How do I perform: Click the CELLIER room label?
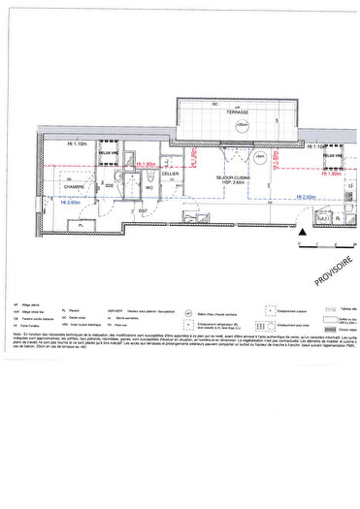coord(171,174)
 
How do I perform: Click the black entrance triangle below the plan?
coord(303,233)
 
